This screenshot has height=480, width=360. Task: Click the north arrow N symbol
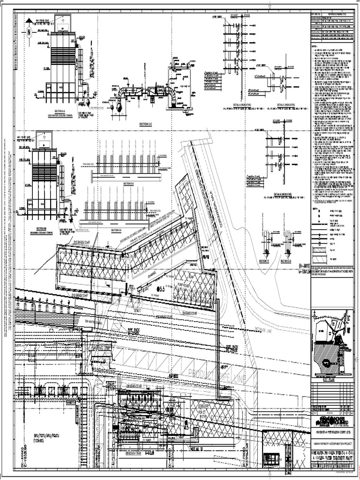point(28,32)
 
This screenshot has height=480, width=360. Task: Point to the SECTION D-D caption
point(128,183)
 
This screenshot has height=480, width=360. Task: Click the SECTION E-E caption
point(117,231)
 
